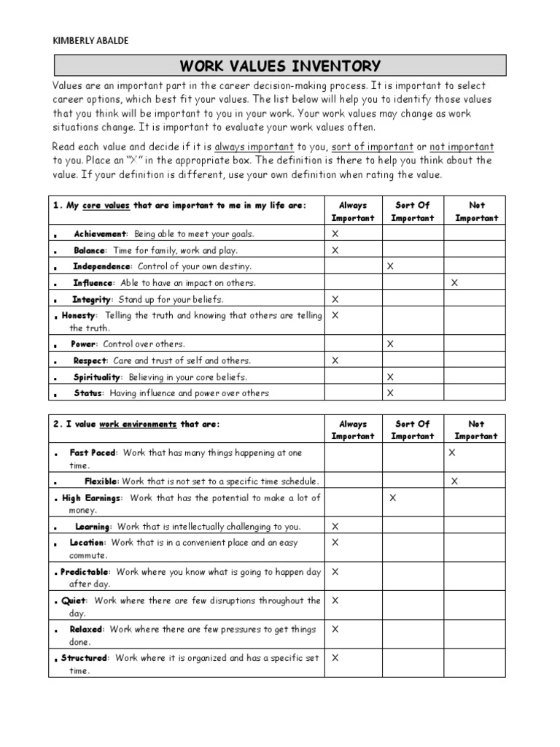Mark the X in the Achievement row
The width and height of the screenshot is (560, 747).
pos(335,234)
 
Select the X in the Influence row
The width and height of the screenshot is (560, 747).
pos(455,282)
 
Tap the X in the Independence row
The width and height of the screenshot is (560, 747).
pos(390,266)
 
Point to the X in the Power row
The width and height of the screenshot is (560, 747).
pos(390,344)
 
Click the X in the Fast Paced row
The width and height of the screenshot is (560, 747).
pos(451,453)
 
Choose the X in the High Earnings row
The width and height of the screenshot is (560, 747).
pos(393,498)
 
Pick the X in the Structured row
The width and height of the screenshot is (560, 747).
pos(335,658)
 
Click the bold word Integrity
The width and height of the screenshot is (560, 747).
pos(91,300)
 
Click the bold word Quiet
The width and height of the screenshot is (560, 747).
pos(74,601)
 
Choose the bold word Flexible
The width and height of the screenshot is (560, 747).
pos(101,481)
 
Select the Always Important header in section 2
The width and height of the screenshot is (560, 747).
pos(353,430)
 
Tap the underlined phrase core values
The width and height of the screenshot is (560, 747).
pos(106,206)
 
